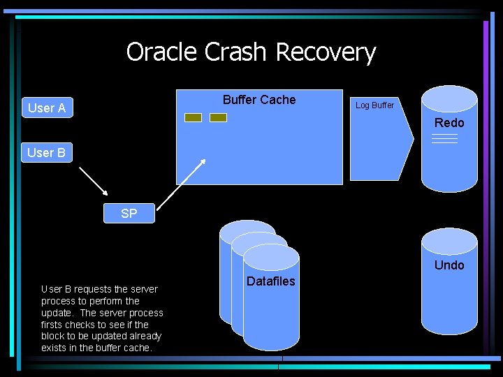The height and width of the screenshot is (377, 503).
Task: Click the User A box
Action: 48,108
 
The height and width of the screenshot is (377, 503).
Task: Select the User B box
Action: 47,153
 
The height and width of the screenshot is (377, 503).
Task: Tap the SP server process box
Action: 129,213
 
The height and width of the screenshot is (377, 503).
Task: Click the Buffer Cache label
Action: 259,100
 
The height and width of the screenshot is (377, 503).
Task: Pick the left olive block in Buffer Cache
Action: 193,118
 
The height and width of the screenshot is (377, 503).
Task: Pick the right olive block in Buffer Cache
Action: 218,118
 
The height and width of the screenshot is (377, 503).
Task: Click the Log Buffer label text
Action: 374,105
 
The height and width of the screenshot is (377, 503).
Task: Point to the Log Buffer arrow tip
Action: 414,139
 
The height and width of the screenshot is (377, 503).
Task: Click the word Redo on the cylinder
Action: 449,123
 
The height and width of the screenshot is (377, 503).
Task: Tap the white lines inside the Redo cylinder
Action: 444,138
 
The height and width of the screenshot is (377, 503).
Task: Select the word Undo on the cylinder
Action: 449,265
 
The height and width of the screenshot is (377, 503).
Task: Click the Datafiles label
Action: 271,281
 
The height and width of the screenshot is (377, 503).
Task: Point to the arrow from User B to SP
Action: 94,181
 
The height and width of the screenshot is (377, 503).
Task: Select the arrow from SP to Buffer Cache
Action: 181,184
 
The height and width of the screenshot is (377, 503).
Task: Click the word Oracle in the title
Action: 161,52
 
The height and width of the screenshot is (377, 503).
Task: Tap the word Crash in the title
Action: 235,52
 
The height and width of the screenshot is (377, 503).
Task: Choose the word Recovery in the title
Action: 326,53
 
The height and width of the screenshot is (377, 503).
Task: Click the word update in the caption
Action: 56,313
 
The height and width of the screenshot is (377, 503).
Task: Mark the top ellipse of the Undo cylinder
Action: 449,242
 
